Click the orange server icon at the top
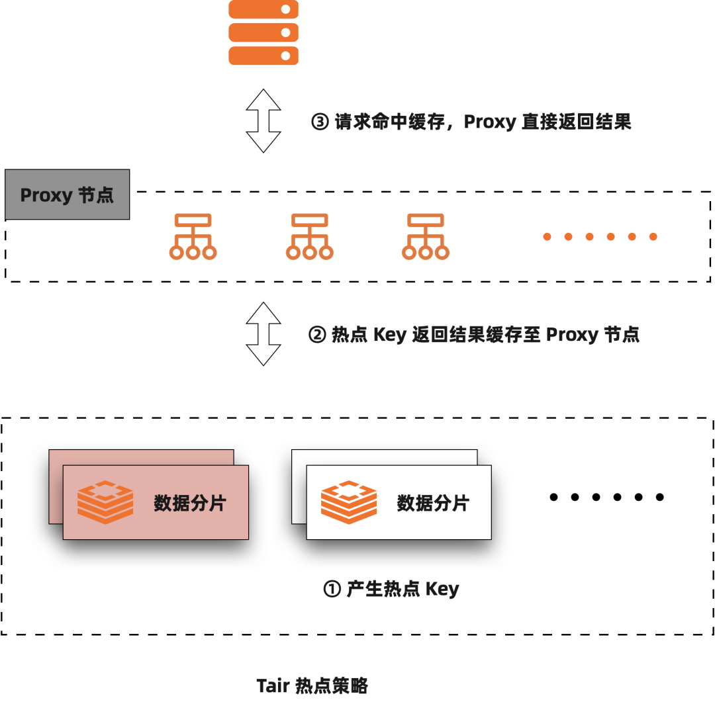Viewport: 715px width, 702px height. (263, 32)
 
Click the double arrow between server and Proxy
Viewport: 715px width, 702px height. (263, 121)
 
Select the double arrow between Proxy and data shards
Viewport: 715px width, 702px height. (263, 334)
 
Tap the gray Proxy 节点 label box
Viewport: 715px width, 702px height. (68, 195)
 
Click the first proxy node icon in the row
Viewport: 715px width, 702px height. (193, 236)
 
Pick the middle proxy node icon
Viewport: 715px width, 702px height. (309, 236)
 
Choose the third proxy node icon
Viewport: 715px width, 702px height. (426, 236)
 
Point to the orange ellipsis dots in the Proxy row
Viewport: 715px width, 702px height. (600, 236)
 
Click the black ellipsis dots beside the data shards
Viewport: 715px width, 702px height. (606, 497)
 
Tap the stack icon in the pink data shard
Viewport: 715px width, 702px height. (105, 503)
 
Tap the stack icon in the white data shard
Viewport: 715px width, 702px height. (349, 503)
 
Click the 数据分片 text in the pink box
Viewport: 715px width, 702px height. (190, 504)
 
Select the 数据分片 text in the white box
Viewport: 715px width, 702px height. (433, 504)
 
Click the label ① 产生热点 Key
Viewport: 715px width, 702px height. (391, 589)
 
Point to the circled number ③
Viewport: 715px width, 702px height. (320, 122)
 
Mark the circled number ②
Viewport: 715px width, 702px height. (318, 335)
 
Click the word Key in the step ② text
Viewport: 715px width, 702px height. (389, 335)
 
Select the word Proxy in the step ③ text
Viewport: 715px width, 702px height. (490, 122)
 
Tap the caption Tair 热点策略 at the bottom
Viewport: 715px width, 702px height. (312, 686)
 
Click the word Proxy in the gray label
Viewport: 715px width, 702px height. (46, 195)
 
